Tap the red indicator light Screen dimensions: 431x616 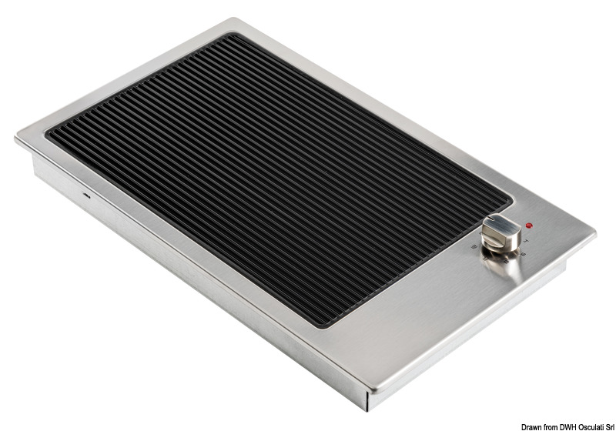coord(529,226)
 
